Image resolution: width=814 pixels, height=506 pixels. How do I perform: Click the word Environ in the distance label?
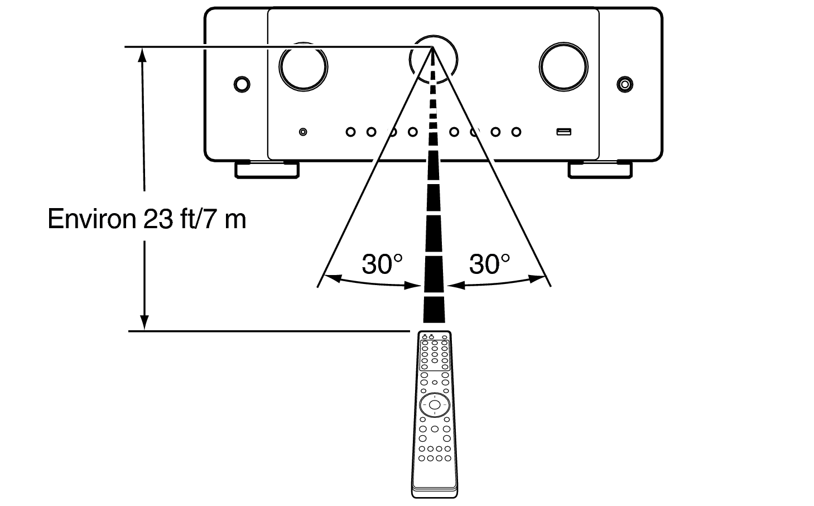click(91, 219)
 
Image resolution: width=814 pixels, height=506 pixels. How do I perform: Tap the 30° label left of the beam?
click(382, 264)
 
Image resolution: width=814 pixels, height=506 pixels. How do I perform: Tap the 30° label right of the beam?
click(489, 264)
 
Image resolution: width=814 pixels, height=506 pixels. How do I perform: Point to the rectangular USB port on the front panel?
click(564, 132)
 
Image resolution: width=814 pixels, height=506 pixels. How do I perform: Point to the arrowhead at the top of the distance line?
click(142, 55)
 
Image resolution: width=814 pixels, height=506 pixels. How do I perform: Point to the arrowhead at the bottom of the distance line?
click(145, 322)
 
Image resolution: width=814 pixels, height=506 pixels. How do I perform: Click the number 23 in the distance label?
click(158, 219)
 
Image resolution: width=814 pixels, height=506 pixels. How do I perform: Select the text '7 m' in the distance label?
click(224, 219)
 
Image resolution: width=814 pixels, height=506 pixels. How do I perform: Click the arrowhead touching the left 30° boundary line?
click(333, 278)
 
